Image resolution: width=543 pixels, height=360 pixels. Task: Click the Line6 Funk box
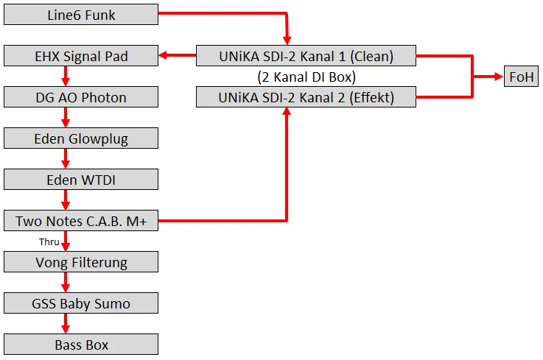(81, 14)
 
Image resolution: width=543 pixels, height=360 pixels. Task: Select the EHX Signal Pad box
(81, 56)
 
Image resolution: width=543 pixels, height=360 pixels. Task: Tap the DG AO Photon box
(81, 97)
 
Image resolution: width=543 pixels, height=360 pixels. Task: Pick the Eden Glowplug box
(81, 138)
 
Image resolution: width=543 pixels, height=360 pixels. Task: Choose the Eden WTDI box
(81, 180)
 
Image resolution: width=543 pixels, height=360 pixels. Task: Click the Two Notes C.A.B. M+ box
(81, 221)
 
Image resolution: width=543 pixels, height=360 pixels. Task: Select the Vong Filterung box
(81, 262)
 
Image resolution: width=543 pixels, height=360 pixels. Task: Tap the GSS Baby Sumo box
(81, 303)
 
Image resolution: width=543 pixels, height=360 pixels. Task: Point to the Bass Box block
(81, 345)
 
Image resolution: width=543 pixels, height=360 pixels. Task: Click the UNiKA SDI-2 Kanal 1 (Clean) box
(306, 56)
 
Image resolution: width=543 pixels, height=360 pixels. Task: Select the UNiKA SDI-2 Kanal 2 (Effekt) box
(306, 97)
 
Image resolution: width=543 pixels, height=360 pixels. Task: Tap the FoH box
(522, 77)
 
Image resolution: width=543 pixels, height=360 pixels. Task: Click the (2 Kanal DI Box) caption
(306, 77)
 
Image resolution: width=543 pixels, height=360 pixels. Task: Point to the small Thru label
(49, 241)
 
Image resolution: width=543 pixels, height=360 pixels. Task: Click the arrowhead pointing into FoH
(499, 77)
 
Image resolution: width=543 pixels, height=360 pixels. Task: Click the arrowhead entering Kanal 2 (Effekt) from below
(286, 113)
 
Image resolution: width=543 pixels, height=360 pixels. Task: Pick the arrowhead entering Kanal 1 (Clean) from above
(287, 40)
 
